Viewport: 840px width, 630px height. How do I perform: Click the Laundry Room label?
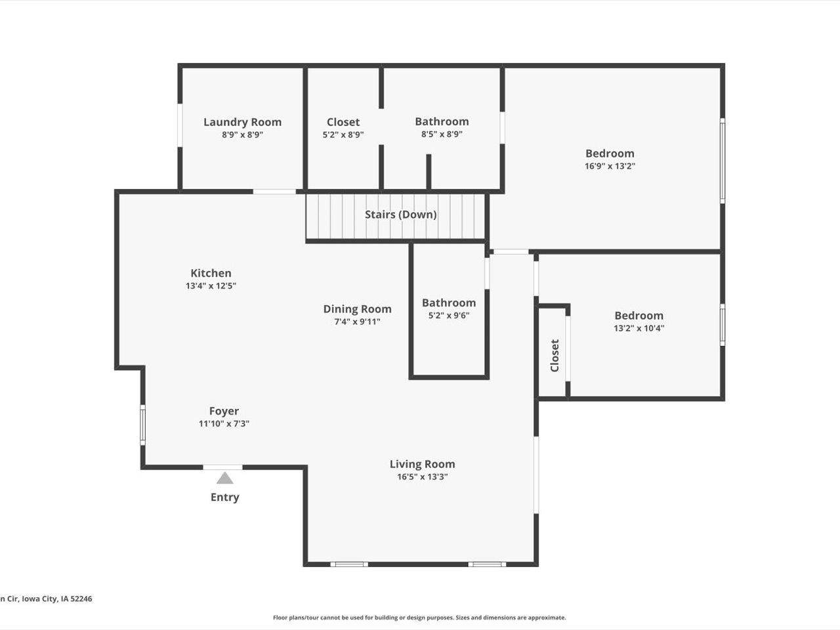(242, 122)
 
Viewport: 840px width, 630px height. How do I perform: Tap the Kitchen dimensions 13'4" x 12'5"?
(211, 286)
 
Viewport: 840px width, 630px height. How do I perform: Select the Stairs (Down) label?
(400, 215)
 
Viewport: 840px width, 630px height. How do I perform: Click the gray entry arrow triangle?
(225, 478)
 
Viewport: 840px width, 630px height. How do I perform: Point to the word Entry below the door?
(224, 497)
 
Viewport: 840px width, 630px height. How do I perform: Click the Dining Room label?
(357, 309)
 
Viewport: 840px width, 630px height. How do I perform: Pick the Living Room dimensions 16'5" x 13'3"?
(422, 477)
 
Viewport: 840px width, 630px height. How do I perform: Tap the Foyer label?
(224, 411)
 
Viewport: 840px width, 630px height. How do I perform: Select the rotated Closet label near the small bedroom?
(555, 355)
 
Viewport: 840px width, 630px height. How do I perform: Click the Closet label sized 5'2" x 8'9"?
(343, 122)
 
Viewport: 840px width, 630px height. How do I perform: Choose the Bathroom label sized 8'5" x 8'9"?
(442, 121)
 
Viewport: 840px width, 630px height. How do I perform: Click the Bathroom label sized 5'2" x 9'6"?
(449, 303)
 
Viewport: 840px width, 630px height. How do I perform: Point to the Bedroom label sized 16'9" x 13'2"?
(610, 154)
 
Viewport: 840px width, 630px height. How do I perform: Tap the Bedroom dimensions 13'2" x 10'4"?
(639, 328)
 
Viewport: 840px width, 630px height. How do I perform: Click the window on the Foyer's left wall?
(142, 425)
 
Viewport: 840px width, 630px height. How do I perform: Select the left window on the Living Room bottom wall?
(348, 564)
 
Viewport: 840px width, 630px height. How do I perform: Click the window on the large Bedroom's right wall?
(723, 160)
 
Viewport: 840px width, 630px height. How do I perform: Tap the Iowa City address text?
(46, 598)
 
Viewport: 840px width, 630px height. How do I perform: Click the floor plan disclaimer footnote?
(419, 618)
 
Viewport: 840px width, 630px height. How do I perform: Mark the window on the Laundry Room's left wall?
(180, 125)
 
